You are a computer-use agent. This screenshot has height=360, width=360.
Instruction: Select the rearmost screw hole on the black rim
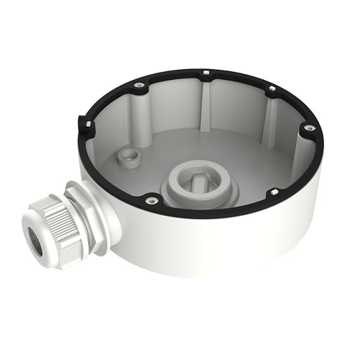tap(206, 73)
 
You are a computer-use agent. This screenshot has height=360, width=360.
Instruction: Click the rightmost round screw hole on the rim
tap(309, 127)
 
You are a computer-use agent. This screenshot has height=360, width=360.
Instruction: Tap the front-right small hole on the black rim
tap(274, 192)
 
